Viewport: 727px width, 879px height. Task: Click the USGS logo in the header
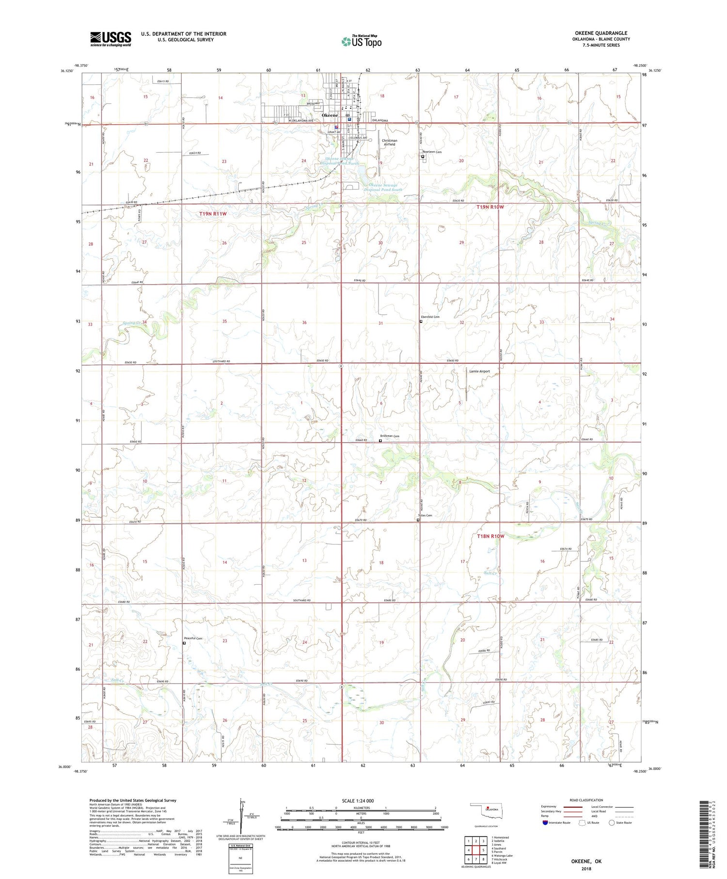(x=111, y=39)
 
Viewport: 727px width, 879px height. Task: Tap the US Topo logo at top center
(x=362, y=41)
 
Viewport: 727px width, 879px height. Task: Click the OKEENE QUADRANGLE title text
(x=601, y=33)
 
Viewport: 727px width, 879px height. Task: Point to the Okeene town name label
(x=330, y=115)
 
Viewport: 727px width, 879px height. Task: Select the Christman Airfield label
(x=389, y=143)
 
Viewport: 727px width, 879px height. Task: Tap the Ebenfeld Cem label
(x=430, y=317)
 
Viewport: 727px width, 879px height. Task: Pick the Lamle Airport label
(x=479, y=371)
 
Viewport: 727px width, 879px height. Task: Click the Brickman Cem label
(x=390, y=436)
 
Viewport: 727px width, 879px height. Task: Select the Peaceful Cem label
(x=192, y=639)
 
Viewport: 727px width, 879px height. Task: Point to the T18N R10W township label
(x=490, y=536)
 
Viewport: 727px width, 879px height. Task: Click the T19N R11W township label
(x=213, y=214)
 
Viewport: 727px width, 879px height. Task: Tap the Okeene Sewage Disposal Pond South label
(x=383, y=188)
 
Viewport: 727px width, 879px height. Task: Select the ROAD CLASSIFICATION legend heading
(x=586, y=800)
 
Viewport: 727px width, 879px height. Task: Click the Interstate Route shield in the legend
(x=545, y=823)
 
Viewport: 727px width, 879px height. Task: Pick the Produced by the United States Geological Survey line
(x=133, y=800)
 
